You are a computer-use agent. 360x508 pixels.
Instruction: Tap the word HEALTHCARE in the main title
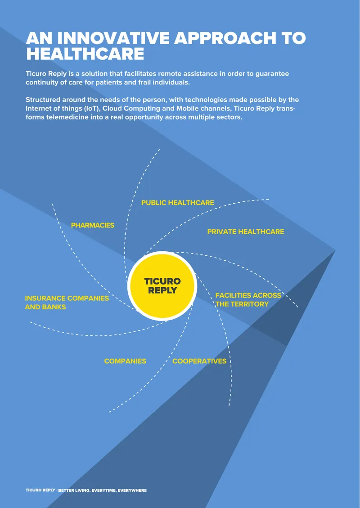point(85,53)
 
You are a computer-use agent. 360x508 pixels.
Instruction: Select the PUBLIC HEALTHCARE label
point(178,203)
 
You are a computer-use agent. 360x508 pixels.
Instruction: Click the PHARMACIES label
point(93,225)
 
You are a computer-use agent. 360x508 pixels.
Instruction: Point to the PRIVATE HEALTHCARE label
point(246,232)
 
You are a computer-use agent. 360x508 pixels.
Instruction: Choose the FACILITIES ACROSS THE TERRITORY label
point(248,300)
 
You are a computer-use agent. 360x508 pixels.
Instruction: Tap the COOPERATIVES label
point(199,361)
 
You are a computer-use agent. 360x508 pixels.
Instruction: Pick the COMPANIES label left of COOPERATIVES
point(125,361)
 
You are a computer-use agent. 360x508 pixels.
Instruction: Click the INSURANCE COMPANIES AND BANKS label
point(67,303)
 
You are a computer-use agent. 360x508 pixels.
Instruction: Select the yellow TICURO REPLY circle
point(162,285)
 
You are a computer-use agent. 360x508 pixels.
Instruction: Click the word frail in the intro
point(153,82)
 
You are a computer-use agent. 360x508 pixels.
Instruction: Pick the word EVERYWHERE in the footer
point(132,490)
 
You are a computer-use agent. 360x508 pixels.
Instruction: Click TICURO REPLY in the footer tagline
point(40,490)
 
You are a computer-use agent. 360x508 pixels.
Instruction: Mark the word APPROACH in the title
point(225,38)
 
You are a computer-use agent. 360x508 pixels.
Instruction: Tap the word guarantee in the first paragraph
point(272,74)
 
